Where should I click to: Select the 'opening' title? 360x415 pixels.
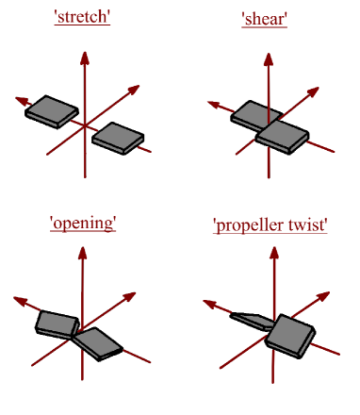point(82,223)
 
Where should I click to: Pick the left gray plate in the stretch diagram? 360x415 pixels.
point(52,110)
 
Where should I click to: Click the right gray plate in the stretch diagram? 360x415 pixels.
point(119,138)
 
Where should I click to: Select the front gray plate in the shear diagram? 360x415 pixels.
point(283,137)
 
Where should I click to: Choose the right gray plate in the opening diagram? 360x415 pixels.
point(98,342)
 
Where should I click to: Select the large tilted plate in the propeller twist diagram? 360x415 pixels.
point(292,337)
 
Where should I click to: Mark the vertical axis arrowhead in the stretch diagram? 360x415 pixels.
point(85,58)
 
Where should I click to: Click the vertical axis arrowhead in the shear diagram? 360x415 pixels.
point(269,59)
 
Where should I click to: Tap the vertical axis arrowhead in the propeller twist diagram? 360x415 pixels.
point(271,261)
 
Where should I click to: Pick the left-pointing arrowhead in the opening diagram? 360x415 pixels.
point(16,301)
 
